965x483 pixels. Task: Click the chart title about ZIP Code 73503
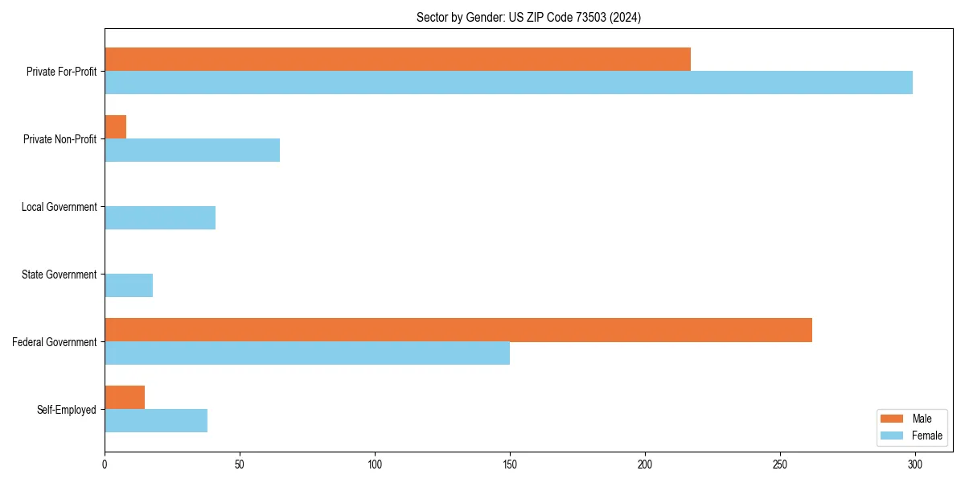[x=528, y=17]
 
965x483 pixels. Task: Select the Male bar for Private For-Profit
[x=397, y=60]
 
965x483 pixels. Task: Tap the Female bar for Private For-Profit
[x=508, y=83]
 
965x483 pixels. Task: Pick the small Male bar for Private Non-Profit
[x=116, y=127]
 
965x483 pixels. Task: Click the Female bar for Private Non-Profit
[x=192, y=151]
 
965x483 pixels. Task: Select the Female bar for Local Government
[x=160, y=218]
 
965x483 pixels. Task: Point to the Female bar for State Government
[x=129, y=286]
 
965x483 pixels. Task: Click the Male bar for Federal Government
[x=458, y=330]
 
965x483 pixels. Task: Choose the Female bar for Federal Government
[x=307, y=353]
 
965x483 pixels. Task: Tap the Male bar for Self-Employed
[x=125, y=398]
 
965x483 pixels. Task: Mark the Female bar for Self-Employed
[x=156, y=421]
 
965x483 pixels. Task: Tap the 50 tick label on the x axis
[x=240, y=464]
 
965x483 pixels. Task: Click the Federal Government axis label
[x=55, y=342]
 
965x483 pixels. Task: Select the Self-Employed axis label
[x=67, y=410]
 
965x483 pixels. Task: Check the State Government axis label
[x=60, y=275]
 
